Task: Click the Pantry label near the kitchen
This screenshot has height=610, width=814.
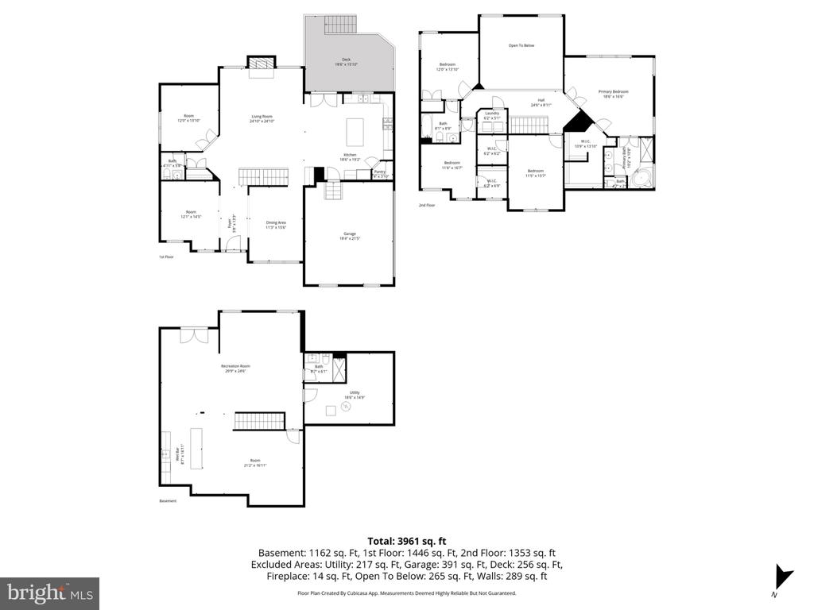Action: (379, 174)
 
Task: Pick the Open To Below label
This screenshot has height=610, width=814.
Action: (521, 45)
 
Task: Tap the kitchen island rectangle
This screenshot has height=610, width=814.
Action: (355, 129)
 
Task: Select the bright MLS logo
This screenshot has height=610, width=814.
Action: (51, 592)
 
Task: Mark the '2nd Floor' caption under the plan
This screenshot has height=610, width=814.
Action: (428, 205)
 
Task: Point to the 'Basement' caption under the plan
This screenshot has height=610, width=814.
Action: (168, 501)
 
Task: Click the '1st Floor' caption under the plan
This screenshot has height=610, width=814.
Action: (166, 257)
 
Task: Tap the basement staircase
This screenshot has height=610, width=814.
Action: (258, 421)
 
